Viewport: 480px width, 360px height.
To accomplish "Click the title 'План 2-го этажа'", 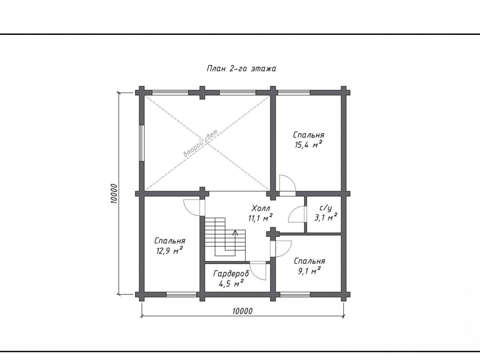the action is pos(241,68).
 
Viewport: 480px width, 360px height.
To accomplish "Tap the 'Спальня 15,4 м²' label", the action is pos(309,140).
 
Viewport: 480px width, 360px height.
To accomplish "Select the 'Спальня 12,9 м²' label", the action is pos(170,246).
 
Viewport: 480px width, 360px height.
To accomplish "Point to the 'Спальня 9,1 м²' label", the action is pos(309,266).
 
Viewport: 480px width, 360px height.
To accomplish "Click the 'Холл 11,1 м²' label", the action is pos(260,213).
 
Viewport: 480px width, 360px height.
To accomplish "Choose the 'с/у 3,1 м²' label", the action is pos(326,213).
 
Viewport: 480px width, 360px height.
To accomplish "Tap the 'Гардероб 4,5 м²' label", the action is pos(231,278).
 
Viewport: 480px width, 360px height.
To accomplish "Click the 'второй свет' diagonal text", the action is pos(201,143).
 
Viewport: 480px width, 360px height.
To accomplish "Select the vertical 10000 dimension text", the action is pos(114,193).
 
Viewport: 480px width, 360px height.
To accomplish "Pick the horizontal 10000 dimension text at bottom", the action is pos(243,311).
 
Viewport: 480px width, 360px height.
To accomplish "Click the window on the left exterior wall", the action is pos(141,143).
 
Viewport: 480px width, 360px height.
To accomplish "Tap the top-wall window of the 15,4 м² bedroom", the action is pos(294,93).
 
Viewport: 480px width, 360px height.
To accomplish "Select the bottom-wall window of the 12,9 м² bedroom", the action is pos(181,295).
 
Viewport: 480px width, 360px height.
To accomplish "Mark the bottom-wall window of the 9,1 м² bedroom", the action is pos(295,295).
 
